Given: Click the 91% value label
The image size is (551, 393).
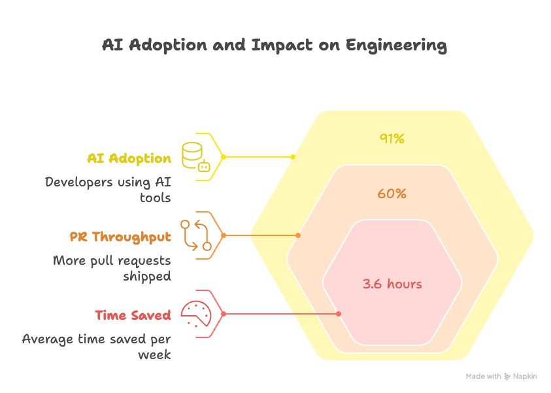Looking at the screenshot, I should coord(392,139).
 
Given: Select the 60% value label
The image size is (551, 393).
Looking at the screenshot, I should coord(392,194).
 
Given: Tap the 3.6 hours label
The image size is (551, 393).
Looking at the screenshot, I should coord(392,284).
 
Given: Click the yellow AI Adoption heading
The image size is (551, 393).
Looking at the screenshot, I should coord(129,158).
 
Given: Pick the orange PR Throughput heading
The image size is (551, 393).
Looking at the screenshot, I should coord(120,237).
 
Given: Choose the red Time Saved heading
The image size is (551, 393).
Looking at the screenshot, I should coord(133,315).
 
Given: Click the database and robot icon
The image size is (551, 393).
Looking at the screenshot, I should coord(195,157).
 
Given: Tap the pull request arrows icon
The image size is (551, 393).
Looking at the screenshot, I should coord(195,235).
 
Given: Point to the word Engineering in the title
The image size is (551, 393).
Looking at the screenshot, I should coord(396,45).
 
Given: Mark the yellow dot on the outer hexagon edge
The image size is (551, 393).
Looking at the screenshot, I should coord(292,157).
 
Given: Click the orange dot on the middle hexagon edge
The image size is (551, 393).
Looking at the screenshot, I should coord(298,235).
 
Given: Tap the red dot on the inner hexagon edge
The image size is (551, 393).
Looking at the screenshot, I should coord(339,314).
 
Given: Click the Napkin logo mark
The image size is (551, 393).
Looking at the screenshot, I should coord(507,377).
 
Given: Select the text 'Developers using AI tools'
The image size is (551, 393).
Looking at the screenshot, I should coord(108,190).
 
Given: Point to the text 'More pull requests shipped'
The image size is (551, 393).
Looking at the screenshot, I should coord(112,268).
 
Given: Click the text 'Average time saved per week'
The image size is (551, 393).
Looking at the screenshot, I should coord(97,347).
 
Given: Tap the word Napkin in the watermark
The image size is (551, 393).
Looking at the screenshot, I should coord(525,377).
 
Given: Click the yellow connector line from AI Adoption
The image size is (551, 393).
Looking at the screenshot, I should coord(258,157).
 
